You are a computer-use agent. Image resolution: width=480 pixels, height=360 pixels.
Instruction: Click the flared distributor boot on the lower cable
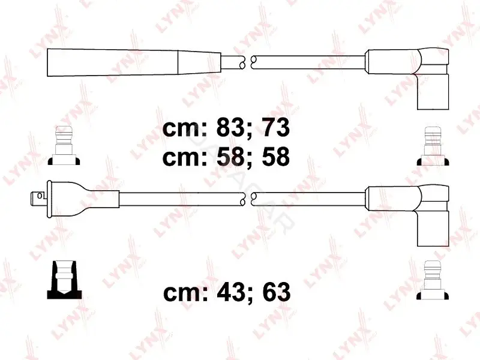click(83, 199)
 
